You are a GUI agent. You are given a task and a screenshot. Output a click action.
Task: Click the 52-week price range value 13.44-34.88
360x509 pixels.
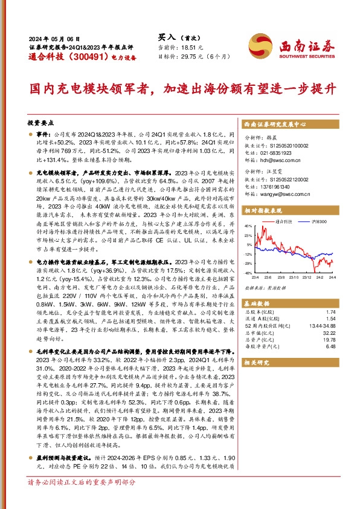pyautogui.click(x=322, y=326)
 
